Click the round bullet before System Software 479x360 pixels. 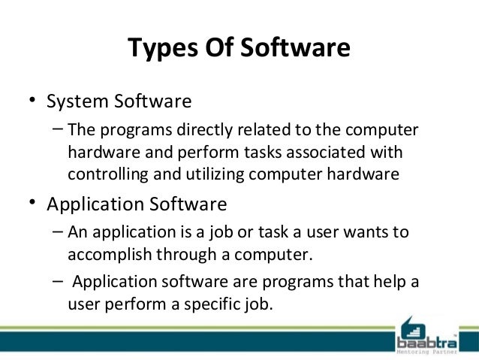[32, 101]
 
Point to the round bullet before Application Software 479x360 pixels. [32, 204]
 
